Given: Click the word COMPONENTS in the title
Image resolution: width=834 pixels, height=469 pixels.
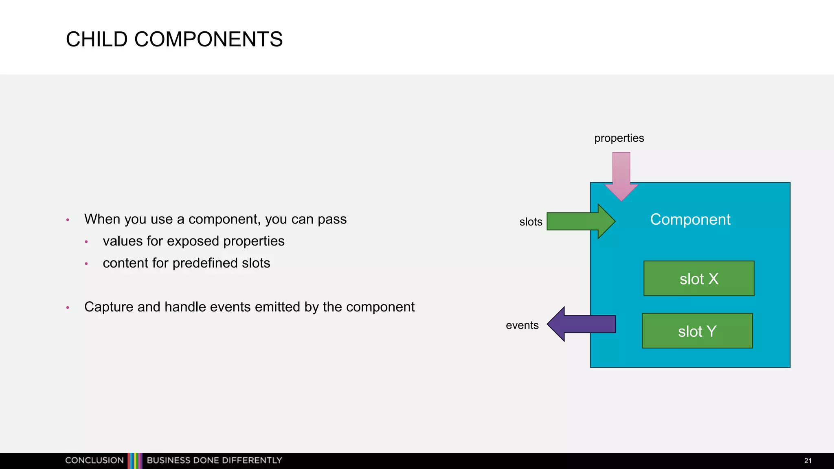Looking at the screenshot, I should coord(208,39).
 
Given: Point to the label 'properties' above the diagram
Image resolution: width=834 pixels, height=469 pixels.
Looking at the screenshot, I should coord(619,138).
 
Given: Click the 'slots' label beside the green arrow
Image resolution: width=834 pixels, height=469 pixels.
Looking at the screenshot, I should coord(531,222).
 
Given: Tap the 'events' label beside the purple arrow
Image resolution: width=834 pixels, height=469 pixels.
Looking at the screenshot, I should coord(522,325).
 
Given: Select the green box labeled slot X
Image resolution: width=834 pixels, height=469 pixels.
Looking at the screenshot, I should coord(699,278).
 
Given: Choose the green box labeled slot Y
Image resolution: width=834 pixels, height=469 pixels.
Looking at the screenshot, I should coord(697,331).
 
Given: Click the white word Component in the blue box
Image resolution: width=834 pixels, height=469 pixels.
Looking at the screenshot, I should coord(690,219).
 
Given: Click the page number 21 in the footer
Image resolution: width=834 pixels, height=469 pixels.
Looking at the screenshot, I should coord(808,461).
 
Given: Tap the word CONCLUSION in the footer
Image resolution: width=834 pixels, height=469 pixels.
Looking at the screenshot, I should coord(94,460).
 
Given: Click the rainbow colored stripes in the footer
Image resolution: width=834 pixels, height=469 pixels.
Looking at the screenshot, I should coord(135,460).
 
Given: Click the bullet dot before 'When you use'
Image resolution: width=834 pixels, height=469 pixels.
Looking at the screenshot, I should coord(68,220).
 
